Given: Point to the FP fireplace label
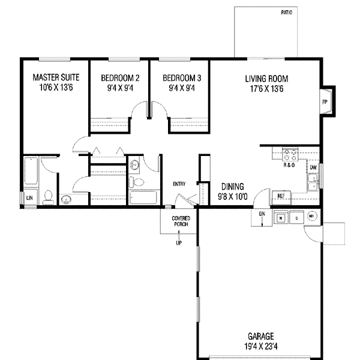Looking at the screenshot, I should point(325,102).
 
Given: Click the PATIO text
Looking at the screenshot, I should point(286,13).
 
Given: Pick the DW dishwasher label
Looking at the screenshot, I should point(313,167).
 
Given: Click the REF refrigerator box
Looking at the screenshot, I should point(281,196).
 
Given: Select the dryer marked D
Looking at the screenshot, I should point(296,217).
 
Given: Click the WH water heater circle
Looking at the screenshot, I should point(311,216).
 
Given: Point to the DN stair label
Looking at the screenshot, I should point(262,214).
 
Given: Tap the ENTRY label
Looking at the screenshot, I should point(179,184).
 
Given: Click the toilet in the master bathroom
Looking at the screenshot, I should point(50,196).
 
